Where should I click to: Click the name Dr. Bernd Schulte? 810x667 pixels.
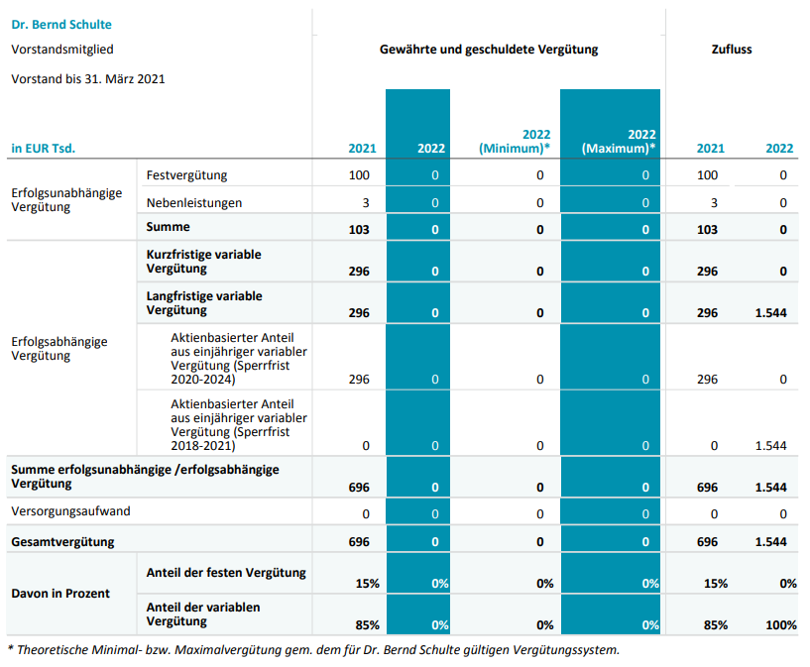[x=60, y=24]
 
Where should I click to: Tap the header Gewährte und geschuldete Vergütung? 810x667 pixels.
[x=489, y=50]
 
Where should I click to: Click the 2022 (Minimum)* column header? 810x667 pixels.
[x=516, y=141]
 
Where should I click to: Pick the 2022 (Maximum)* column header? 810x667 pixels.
[x=619, y=141]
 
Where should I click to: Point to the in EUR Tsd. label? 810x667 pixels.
[x=43, y=149]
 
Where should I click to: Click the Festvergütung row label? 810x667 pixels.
[x=186, y=175]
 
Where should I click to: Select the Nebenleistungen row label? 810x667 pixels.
[x=193, y=202]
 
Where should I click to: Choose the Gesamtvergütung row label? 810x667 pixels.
[x=62, y=542]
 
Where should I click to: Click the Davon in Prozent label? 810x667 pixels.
[x=60, y=593]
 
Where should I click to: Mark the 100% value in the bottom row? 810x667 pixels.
[x=780, y=624]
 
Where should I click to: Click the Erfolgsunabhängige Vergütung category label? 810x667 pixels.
[x=66, y=200]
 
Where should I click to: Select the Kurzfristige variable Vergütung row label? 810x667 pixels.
[x=203, y=262]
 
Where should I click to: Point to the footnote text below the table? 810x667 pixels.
[x=313, y=650]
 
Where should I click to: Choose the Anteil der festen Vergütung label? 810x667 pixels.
[x=226, y=572]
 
